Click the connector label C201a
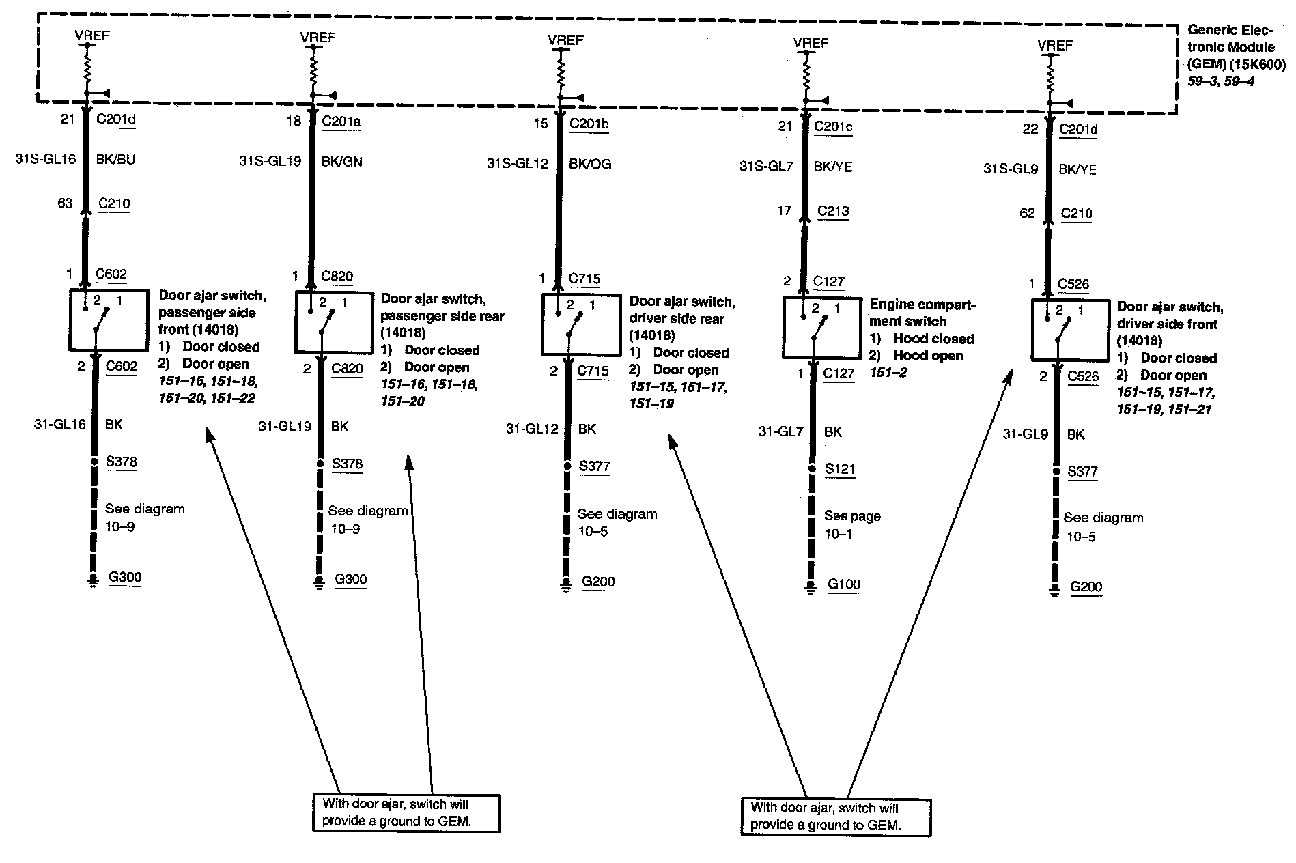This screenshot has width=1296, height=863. pyautogui.click(x=341, y=122)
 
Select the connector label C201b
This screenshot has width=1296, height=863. pyautogui.click(x=589, y=124)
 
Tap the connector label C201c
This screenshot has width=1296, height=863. pyautogui.click(x=833, y=126)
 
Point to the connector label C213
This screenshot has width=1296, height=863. pyautogui.click(x=833, y=211)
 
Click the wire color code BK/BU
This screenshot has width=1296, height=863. pyautogui.click(x=116, y=160)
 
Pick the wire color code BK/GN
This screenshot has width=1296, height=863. pyautogui.click(x=342, y=162)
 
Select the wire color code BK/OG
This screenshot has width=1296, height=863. pyautogui.click(x=590, y=164)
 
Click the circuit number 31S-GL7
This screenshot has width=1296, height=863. pyautogui.click(x=766, y=166)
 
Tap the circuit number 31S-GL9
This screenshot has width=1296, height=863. pyautogui.click(x=1011, y=168)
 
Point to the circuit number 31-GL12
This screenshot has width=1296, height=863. pyautogui.click(x=532, y=429)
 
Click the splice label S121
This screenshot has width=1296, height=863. pyautogui.click(x=840, y=469)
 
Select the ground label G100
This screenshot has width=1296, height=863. pyautogui.click(x=844, y=584)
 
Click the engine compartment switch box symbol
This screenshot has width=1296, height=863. pyautogui.click(x=821, y=327)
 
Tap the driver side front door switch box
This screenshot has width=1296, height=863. pyautogui.click(x=1069, y=330)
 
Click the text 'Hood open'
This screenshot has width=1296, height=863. pyautogui.click(x=928, y=356)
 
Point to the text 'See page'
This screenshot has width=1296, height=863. pyautogui.click(x=852, y=516)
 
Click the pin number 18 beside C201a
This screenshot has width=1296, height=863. pyautogui.click(x=294, y=122)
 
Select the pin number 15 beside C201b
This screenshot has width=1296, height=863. pyautogui.click(x=541, y=124)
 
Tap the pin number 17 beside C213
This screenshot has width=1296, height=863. pyautogui.click(x=785, y=211)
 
